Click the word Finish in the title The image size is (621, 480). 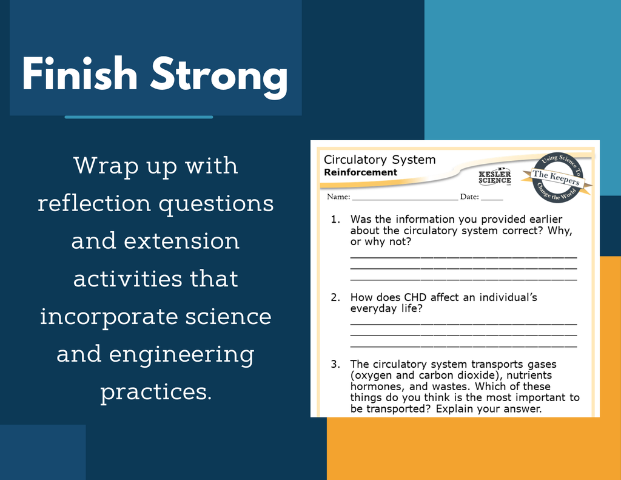tap(79, 73)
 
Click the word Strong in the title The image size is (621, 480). tap(218, 77)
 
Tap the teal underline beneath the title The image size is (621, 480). tap(139, 117)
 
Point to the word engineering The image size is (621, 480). tap(181, 355)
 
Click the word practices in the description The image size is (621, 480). tap(156, 392)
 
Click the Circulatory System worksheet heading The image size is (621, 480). tap(380, 160)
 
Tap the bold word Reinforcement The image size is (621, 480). tap(360, 172)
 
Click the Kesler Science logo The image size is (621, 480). tap(495, 177)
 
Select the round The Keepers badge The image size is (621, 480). tap(557, 178)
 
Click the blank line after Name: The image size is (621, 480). tap(404, 200)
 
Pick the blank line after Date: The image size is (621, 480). tap(492, 200)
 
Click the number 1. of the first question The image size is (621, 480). tap(335, 219)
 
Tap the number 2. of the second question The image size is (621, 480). tap(335, 297)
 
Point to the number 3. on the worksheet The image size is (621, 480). tap(335, 364)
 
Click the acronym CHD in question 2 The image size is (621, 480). tap(415, 297)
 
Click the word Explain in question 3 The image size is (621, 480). tap(454, 409)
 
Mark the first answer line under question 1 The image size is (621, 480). tap(463, 258)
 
